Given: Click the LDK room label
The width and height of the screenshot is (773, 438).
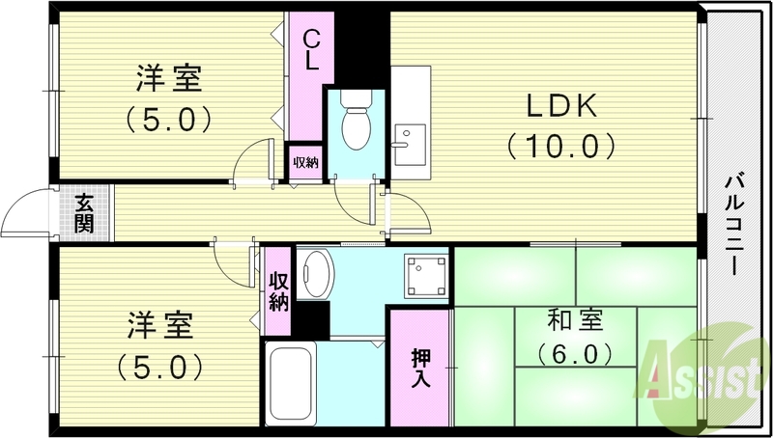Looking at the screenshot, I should [558, 105].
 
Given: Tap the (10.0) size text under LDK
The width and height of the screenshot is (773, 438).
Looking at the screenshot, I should [558, 146].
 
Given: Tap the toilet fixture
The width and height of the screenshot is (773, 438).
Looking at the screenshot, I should [358, 123].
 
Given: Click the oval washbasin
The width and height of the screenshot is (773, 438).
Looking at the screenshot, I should [315, 273].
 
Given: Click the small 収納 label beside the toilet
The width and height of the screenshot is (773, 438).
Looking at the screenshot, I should [305, 162].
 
